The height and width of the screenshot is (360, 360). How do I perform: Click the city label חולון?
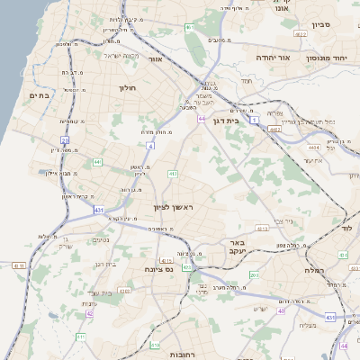click(x=126, y=88)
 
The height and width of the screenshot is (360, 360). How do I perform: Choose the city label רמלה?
click(x=314, y=269)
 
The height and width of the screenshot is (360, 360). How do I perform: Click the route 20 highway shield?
click(x=65, y=139)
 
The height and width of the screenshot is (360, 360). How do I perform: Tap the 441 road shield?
click(x=96, y=162)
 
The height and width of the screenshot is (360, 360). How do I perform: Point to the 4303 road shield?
click(x=124, y=290)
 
